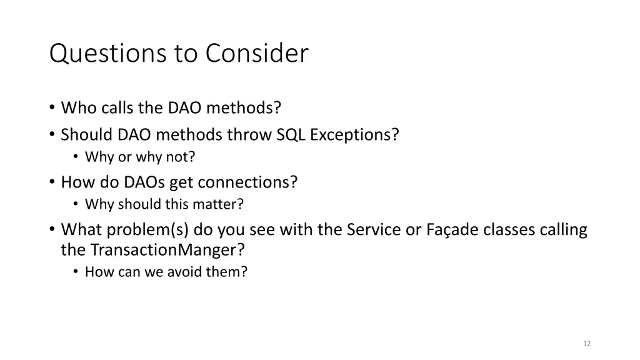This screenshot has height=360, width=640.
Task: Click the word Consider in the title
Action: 256,54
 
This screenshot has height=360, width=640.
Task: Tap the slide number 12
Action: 586,344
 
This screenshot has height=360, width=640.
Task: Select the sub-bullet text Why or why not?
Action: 140,157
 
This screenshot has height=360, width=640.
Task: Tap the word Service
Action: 371,230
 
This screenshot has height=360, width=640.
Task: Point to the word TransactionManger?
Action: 168,250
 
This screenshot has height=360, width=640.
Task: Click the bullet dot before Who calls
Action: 52,107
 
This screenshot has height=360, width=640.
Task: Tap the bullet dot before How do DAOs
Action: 52,182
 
